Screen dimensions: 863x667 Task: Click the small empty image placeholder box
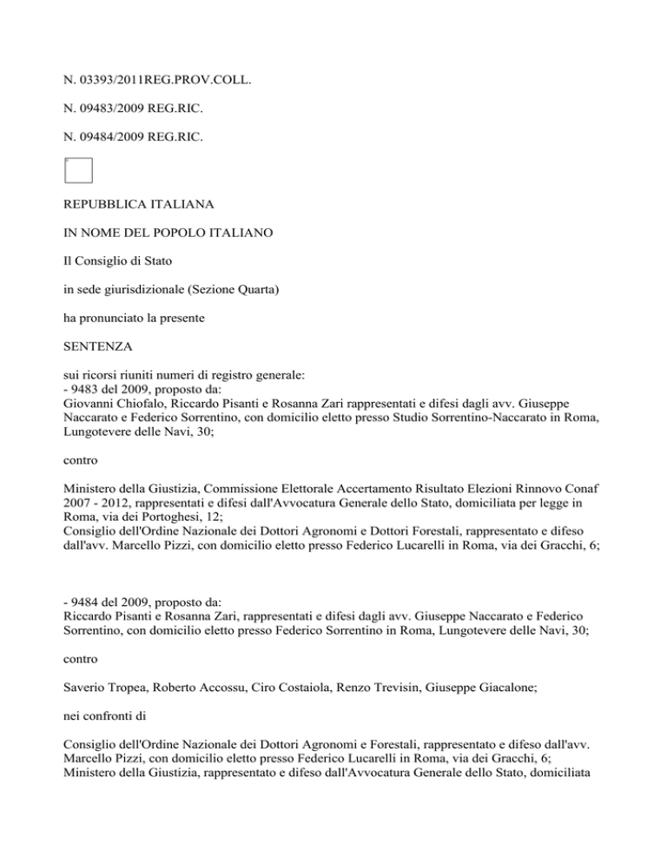click(x=78, y=171)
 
